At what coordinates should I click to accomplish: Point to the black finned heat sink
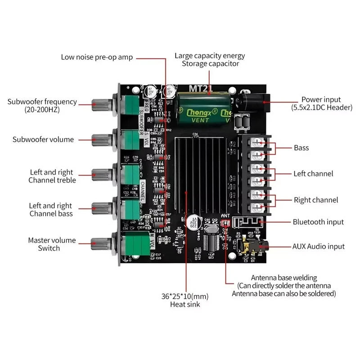[202, 175]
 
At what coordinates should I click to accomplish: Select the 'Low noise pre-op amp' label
[97, 57]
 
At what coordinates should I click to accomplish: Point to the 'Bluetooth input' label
[318, 222]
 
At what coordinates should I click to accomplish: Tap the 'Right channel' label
[316, 200]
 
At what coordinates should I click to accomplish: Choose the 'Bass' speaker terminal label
[301, 148]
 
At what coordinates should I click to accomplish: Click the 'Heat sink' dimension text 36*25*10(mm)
[185, 296]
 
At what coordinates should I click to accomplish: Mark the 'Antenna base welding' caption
[284, 278]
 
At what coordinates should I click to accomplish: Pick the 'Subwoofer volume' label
[43, 139]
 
